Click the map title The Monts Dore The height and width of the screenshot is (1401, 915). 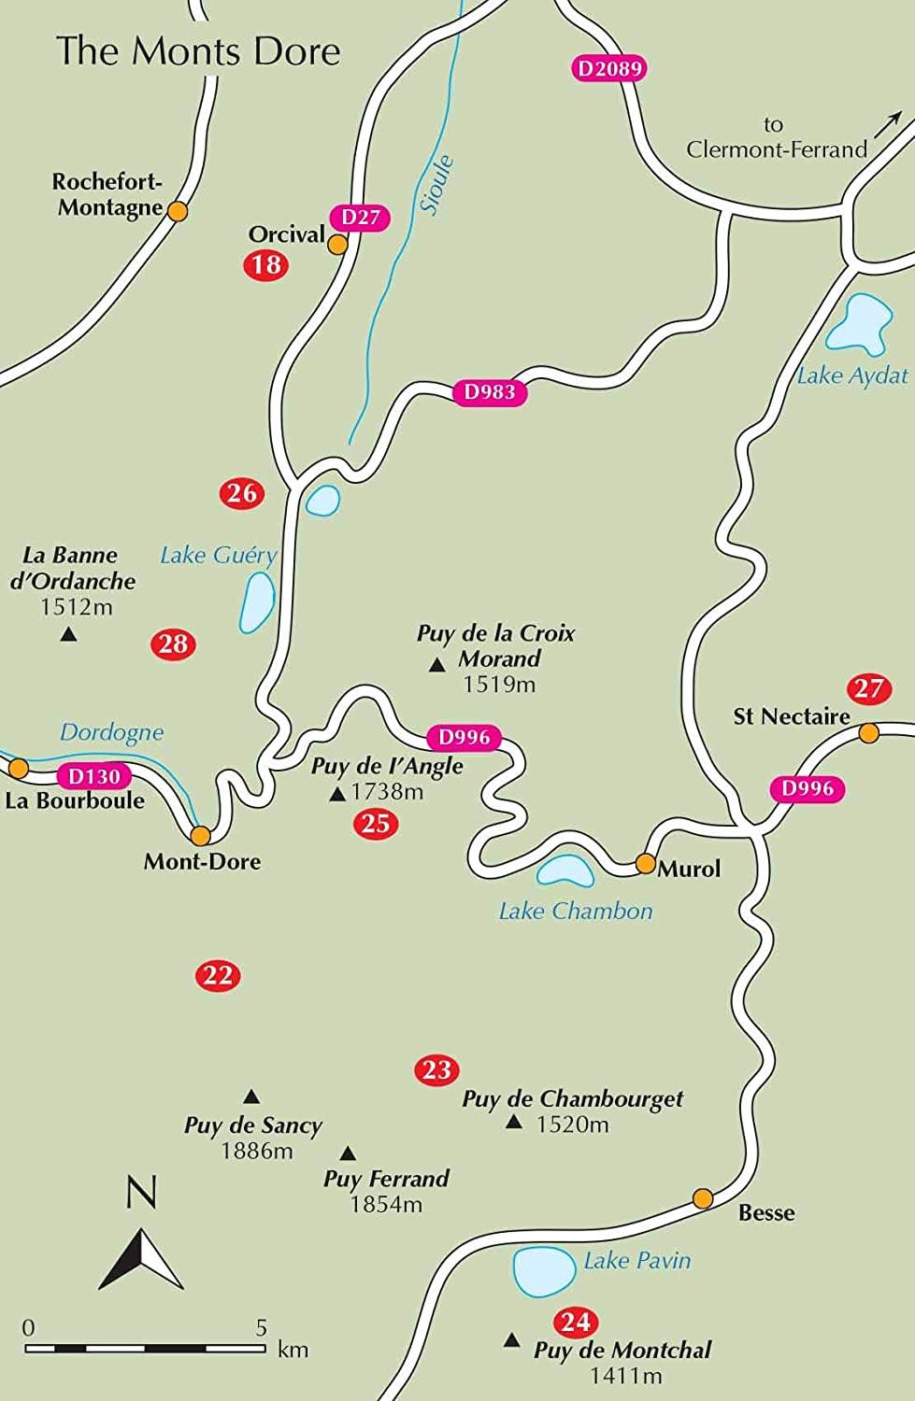click(198, 50)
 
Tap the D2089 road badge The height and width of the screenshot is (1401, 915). click(608, 68)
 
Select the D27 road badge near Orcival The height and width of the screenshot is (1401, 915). click(361, 218)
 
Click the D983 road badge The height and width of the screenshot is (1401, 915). click(490, 392)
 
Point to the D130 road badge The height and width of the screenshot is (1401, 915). click(94, 776)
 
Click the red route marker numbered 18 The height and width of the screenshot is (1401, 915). click(266, 264)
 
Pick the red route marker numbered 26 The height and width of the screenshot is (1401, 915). click(242, 493)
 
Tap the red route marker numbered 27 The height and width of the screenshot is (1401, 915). click(868, 689)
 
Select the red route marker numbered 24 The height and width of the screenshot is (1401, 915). click(576, 1322)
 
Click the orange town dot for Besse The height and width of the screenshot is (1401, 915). click(703, 1198)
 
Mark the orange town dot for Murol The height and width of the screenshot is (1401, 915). click(645, 863)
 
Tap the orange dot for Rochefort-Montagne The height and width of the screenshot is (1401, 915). click(177, 211)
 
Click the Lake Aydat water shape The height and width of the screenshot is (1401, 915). click(858, 323)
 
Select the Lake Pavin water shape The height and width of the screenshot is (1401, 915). click(545, 1271)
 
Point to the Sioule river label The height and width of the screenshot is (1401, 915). click(437, 185)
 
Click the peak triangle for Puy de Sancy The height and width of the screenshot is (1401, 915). click(250, 1097)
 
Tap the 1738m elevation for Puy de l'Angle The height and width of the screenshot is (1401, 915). click(387, 792)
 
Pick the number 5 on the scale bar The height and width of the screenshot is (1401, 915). click(262, 1327)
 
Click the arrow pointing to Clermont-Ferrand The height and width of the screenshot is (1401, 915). click(887, 123)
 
